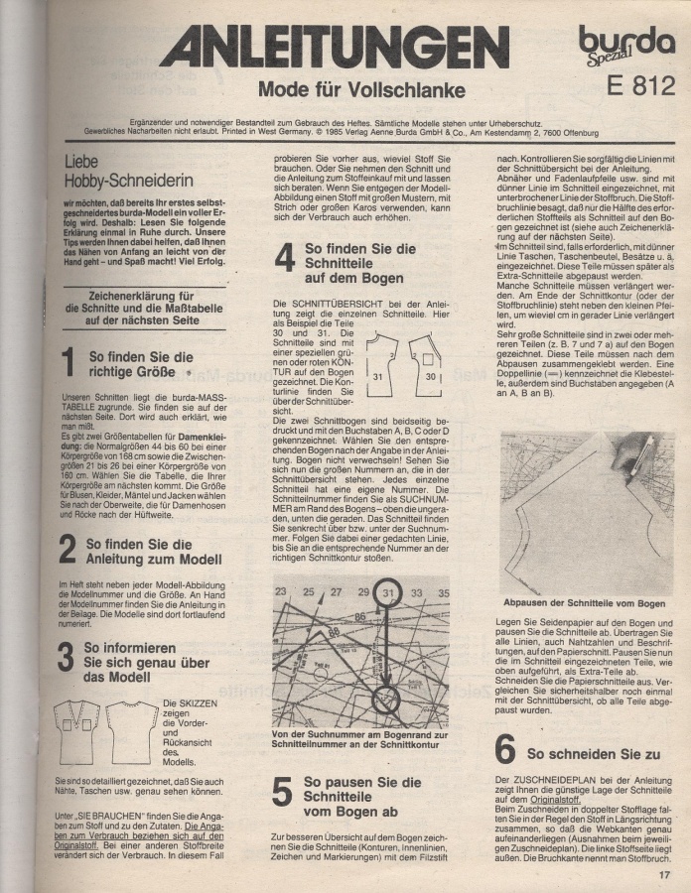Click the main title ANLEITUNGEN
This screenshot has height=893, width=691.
click(335, 48)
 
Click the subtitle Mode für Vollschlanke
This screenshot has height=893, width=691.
click(361, 91)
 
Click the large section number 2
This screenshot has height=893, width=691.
click(68, 549)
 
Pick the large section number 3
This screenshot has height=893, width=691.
click(68, 657)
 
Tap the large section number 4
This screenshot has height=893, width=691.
click(284, 257)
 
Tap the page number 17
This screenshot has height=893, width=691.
click(663, 874)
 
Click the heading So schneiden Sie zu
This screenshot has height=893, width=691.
click(580, 754)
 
